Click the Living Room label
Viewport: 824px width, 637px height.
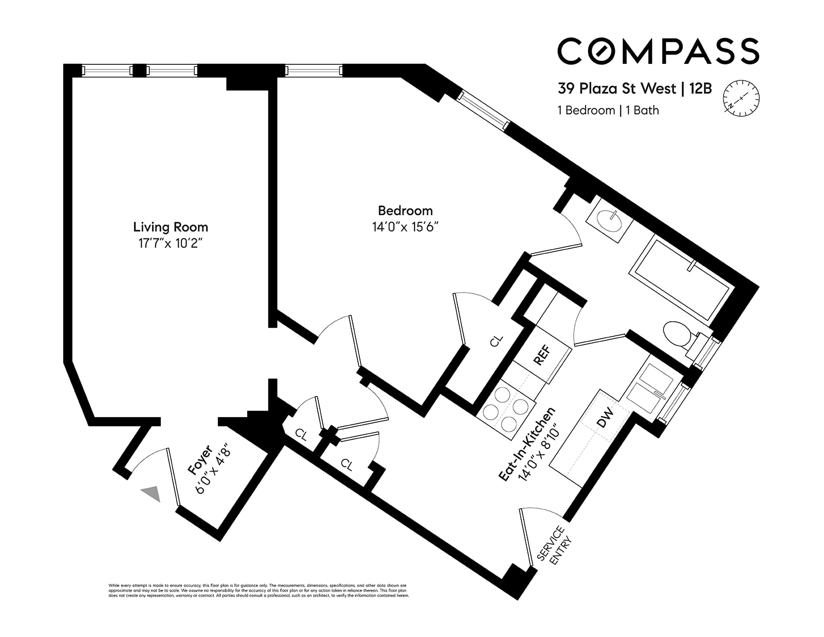[170, 227]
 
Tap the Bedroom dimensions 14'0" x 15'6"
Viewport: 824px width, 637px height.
[405, 227]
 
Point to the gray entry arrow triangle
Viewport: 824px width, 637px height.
[152, 493]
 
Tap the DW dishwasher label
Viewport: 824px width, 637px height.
[605, 418]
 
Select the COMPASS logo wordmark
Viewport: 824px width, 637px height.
[658, 51]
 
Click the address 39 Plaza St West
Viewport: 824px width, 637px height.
[617, 89]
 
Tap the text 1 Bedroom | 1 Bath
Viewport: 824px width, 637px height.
[608, 110]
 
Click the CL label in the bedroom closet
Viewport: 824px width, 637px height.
[495, 341]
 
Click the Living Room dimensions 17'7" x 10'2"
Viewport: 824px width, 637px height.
[170, 244]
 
